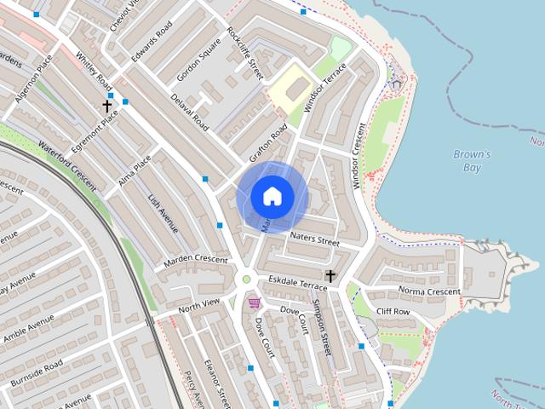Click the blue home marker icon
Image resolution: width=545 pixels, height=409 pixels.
click(272, 196)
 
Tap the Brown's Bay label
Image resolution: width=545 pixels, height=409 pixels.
click(472, 161)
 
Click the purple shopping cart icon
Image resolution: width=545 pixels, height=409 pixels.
click(254, 302)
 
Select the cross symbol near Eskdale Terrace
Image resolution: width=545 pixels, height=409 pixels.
click(330, 276)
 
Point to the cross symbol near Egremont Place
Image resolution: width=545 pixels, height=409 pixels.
click(107, 106)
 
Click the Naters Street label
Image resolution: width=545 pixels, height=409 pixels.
click(314, 239)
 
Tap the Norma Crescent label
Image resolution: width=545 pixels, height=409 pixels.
click(429, 291)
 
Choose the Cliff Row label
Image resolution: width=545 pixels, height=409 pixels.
click(393, 312)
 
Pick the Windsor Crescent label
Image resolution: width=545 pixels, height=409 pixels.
click(358, 155)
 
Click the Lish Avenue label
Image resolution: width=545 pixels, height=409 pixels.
click(163, 213)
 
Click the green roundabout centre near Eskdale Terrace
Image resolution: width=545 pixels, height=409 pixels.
click(247, 279)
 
